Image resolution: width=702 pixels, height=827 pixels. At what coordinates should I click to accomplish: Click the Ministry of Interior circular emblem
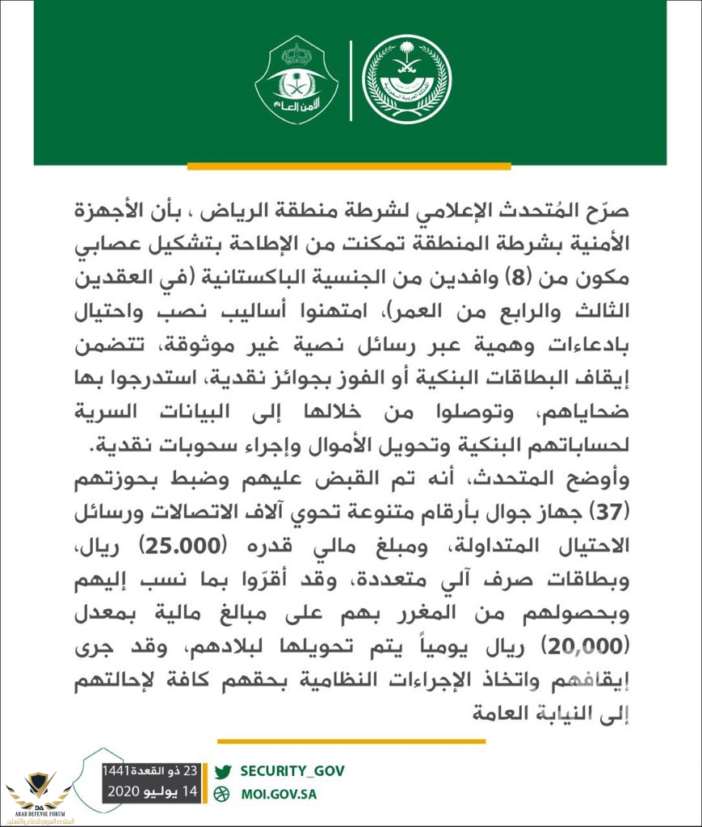pyautogui.click(x=406, y=80)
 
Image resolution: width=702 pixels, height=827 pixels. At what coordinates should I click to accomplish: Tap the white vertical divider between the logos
pyautogui.click(x=351, y=80)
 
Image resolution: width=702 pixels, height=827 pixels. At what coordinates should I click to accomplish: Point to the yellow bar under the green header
pyautogui.click(x=349, y=167)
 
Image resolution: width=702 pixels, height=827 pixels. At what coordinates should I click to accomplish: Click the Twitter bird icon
pyautogui.click(x=225, y=770)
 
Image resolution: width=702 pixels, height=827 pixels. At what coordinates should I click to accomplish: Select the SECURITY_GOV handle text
pyautogui.click(x=292, y=770)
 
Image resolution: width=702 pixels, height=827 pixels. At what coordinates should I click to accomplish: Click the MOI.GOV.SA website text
pyautogui.click(x=278, y=793)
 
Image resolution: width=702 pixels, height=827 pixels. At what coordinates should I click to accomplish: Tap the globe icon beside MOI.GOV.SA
pyautogui.click(x=225, y=793)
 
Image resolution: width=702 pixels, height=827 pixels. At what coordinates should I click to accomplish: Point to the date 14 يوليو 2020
pyautogui.click(x=153, y=792)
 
